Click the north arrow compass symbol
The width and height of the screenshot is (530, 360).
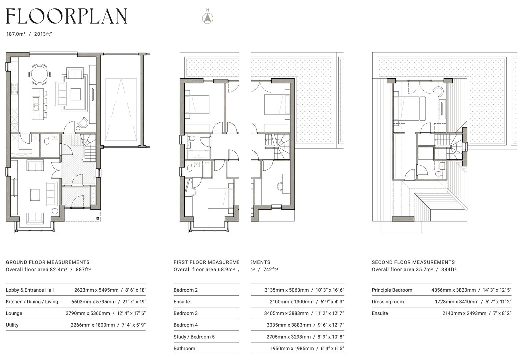(x=208, y=18)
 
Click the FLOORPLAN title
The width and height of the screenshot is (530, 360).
(x=66, y=16)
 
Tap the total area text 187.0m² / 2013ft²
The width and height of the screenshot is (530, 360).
(x=29, y=34)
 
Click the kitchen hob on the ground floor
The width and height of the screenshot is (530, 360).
(x=14, y=88)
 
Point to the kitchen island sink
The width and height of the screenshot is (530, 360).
(x=35, y=106)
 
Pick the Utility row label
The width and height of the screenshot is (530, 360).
(x=12, y=325)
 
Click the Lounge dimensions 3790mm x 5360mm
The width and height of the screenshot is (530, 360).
(x=88, y=313)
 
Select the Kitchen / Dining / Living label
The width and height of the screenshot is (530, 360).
(x=32, y=302)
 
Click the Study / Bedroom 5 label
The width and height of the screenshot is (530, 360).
(x=194, y=337)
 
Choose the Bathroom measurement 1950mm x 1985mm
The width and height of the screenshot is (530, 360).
(x=292, y=348)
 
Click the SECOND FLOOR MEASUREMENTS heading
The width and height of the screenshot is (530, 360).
(x=413, y=262)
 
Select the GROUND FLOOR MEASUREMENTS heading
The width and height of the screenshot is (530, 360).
(x=48, y=262)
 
